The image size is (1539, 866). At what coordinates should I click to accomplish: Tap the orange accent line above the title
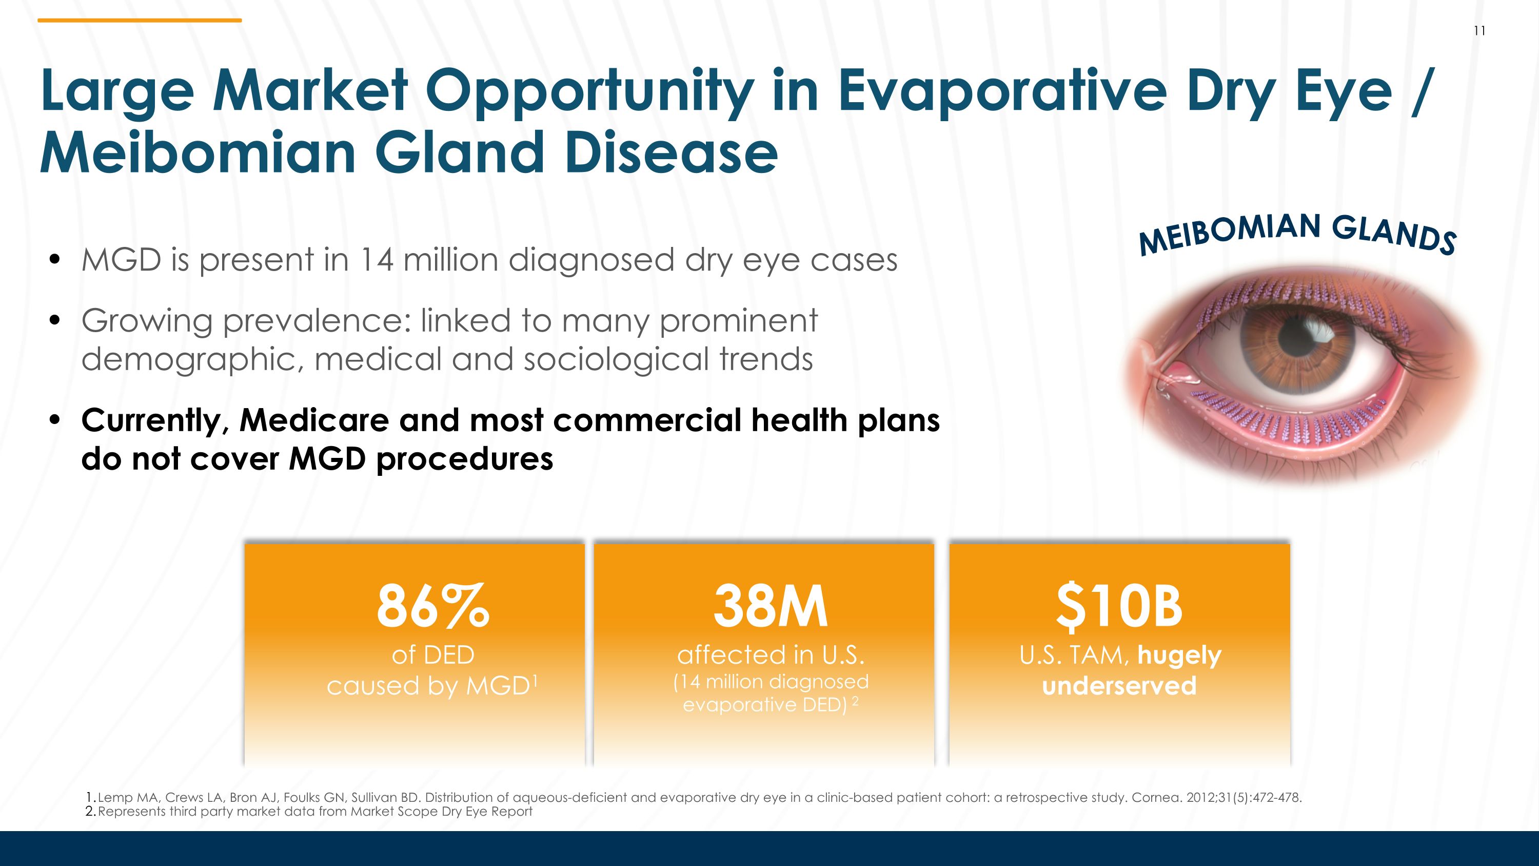139,21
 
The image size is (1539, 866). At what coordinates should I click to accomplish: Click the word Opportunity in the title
589,91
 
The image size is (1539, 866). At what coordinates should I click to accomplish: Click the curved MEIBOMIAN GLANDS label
1297,233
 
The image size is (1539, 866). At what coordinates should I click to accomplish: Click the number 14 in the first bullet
377,260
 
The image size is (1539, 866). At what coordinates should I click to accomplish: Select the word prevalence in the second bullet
317,321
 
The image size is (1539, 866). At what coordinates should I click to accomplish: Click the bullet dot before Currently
55,420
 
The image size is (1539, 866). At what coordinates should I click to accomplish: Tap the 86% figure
432,607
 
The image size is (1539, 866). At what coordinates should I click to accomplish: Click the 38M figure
770,607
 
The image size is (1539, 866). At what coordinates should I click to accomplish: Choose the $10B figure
1119,607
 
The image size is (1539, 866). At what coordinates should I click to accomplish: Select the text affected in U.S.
770,656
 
